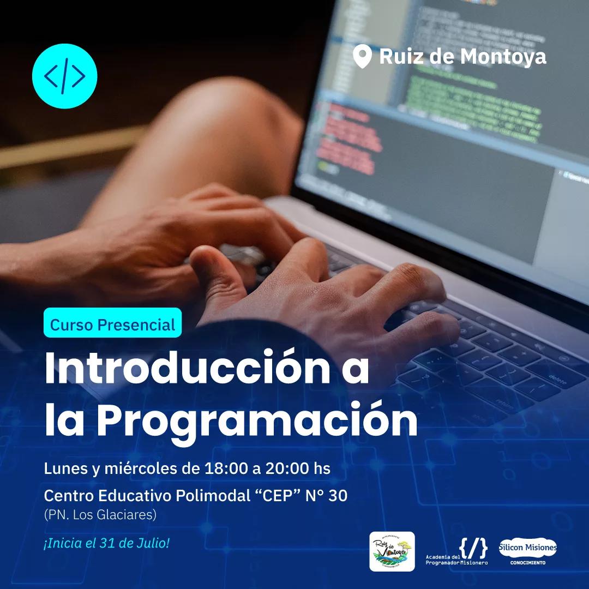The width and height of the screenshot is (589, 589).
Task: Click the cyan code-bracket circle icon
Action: [64, 76]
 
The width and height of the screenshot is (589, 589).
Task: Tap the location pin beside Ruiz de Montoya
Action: [362, 56]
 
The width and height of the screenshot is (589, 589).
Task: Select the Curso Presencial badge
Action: [112, 325]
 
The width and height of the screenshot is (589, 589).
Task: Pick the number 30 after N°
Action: [335, 496]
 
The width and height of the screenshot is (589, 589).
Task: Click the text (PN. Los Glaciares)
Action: [100, 514]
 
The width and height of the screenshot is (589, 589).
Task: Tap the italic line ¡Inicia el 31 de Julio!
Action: [107, 544]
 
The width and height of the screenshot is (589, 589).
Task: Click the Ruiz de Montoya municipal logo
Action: [392, 551]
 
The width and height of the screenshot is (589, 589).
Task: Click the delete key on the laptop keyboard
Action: [557, 377]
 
